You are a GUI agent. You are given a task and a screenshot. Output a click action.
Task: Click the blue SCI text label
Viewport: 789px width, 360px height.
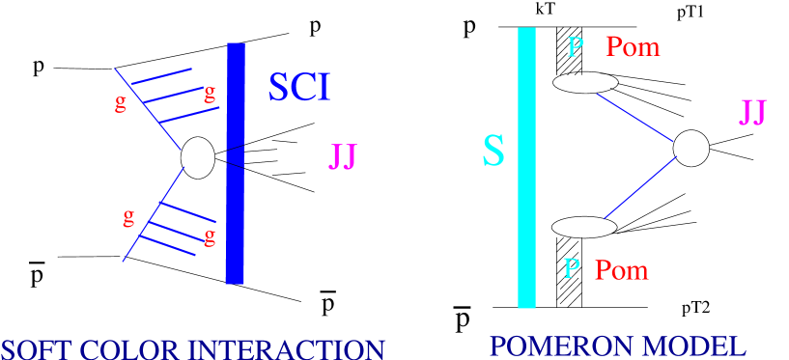point(298,88)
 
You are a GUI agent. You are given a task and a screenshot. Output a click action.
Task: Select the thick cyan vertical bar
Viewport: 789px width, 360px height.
point(526,168)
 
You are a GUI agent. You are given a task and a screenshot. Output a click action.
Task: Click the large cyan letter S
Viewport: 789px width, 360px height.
point(493,152)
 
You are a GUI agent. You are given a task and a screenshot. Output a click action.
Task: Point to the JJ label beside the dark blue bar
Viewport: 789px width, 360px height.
point(343,156)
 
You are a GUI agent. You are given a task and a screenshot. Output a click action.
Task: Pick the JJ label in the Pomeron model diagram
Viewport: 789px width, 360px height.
point(752,112)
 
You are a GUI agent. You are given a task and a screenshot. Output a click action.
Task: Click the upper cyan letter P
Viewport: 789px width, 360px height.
point(576,46)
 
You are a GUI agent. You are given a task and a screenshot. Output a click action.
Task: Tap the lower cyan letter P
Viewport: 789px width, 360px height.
point(572,268)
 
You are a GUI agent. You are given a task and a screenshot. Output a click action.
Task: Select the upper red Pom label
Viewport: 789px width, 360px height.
point(633,46)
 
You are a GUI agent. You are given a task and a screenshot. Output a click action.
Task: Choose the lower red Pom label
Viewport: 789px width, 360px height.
point(621,270)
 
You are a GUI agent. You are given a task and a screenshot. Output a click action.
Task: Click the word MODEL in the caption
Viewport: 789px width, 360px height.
point(699,346)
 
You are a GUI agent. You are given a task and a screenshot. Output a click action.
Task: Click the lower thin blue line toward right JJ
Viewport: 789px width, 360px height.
point(640,187)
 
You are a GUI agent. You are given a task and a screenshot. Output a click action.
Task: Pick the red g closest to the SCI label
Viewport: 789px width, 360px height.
point(209,95)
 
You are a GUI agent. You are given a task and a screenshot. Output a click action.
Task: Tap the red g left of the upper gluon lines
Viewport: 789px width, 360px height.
point(121,103)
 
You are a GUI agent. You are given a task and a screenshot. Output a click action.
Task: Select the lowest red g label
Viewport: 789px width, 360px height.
point(209,236)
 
